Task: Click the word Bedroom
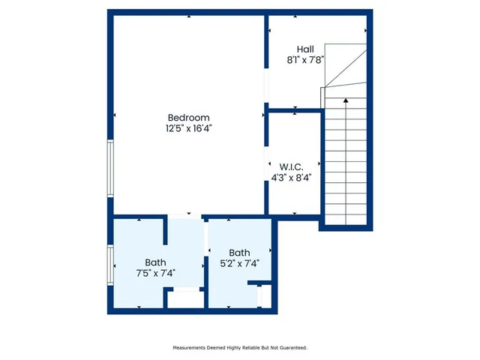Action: coord(188,117)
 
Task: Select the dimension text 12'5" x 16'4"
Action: coord(189,128)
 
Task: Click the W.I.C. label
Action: coord(290,166)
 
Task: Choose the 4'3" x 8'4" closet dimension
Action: coord(290,178)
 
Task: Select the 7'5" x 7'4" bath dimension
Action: coord(155,273)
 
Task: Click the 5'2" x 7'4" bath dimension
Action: coord(239,264)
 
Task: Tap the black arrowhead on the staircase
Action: coord(345,99)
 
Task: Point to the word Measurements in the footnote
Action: coord(192,348)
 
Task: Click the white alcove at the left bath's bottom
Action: coord(184,298)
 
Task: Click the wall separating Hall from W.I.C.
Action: coord(295,110)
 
